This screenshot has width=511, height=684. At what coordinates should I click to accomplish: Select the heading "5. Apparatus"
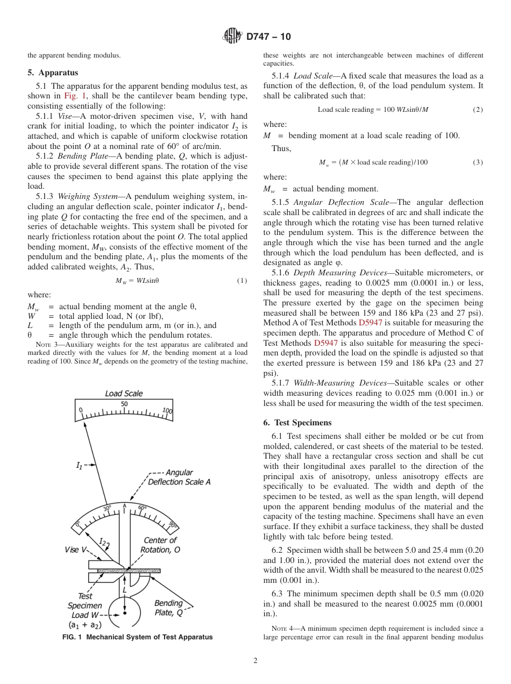point(53,73)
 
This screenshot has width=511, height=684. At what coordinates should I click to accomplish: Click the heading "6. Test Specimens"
point(297,423)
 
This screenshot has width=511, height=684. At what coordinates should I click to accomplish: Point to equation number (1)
point(242,281)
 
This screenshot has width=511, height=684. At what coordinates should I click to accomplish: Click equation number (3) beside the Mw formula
point(477,162)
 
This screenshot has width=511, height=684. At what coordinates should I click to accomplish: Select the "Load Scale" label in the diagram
point(124,394)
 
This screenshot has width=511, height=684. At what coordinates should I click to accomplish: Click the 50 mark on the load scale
point(124,404)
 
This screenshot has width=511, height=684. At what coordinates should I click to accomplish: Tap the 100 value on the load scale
point(167,411)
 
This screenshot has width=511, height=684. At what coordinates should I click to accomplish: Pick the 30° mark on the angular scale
point(107,509)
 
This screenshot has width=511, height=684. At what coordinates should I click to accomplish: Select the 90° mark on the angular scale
point(172,525)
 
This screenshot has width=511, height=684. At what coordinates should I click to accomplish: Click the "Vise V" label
point(75,550)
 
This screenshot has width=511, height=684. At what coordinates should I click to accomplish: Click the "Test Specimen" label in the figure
point(84,601)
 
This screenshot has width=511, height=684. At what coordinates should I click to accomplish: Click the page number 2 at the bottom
point(255,661)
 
